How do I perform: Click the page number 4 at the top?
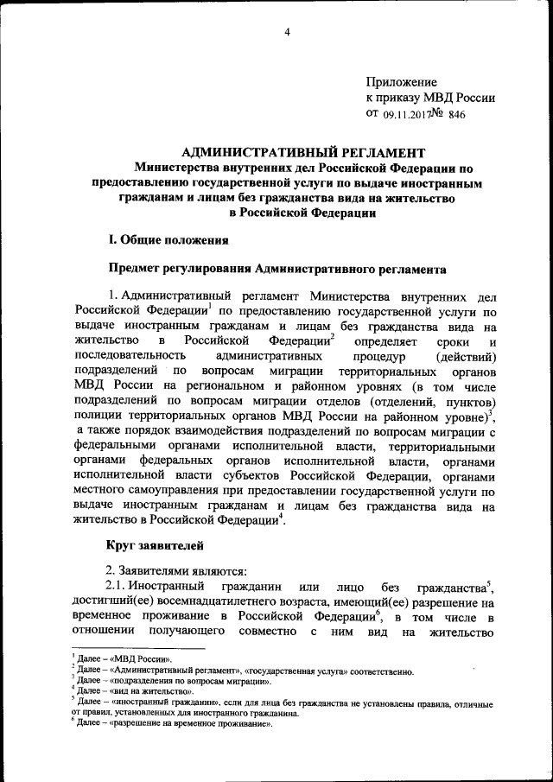[286, 33]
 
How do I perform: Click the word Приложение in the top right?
[402, 81]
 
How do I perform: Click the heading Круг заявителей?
[155, 544]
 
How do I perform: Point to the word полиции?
[98, 418]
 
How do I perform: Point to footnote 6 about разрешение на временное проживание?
[174, 725]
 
